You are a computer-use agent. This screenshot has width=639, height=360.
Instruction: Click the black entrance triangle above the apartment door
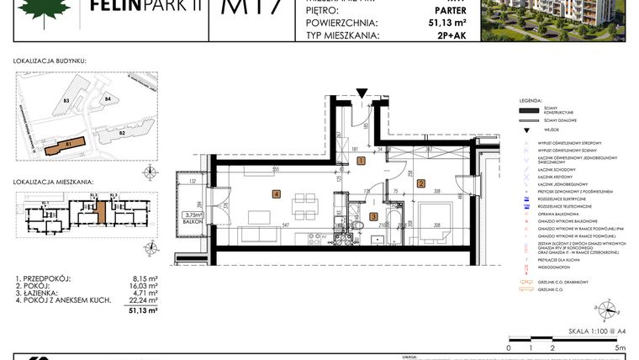click(x=362, y=92)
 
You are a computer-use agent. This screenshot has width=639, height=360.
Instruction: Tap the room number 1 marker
click(x=360, y=161)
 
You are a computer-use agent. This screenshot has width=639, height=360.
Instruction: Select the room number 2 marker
click(x=422, y=183)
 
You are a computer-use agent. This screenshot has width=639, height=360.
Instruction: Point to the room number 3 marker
click(x=373, y=216)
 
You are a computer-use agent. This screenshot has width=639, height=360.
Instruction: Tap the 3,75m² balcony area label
click(x=193, y=214)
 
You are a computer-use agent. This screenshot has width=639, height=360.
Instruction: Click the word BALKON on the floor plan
click(x=193, y=223)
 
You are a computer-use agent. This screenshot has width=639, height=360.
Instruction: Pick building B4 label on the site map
click(x=108, y=99)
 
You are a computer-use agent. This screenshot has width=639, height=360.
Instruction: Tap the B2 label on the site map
click(x=122, y=133)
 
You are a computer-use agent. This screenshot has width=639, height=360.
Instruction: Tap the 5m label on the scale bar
click(x=621, y=347)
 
